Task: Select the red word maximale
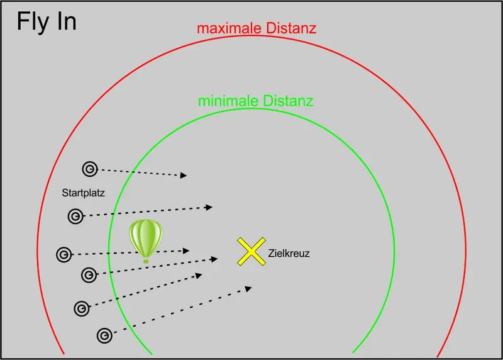point(229,28)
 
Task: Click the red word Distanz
point(291,28)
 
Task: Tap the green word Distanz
point(288,101)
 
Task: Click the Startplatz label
point(83,193)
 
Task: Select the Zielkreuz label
point(289,254)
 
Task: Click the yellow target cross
point(251,252)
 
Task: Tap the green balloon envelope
point(146,238)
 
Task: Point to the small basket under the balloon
point(146,261)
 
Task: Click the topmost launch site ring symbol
point(90,169)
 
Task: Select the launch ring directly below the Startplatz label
point(75,216)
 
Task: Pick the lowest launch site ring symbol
point(104,336)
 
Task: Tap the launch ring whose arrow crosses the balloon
point(64,255)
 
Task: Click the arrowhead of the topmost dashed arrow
point(184,175)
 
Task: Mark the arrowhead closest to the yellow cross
point(214,259)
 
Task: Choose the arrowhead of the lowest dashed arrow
point(248,289)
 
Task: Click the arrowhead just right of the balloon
point(186,251)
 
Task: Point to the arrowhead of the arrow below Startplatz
point(209,208)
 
